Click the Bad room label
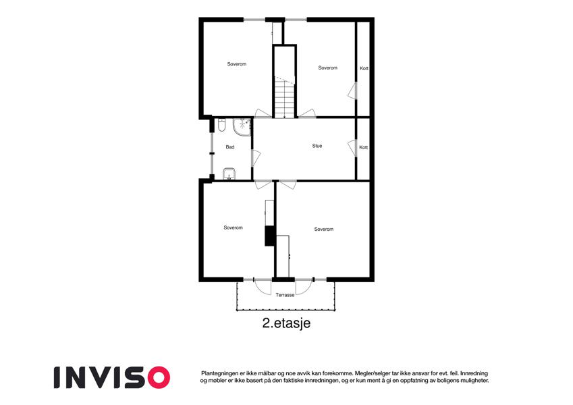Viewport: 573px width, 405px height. (x=230, y=147)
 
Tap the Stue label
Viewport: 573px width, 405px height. (x=317, y=146)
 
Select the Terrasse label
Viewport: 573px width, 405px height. (x=285, y=295)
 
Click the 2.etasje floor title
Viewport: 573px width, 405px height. (x=286, y=323)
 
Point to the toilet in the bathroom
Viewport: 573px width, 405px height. (x=221, y=125)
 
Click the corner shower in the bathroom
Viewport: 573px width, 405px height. (x=242, y=127)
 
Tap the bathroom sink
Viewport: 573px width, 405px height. (x=229, y=174)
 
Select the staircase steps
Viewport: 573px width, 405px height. (x=284, y=99)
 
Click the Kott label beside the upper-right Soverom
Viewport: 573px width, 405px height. (x=364, y=68)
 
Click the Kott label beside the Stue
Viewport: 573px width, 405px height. (x=364, y=147)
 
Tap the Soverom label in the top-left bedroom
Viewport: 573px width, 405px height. (x=237, y=64)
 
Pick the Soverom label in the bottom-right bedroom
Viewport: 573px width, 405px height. (x=324, y=230)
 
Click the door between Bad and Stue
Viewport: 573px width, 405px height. (x=255, y=158)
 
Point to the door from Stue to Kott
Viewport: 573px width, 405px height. (x=352, y=148)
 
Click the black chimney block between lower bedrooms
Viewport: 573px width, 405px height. (x=270, y=236)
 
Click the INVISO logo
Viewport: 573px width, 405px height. (x=112, y=377)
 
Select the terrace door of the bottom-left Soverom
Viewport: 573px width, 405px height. (x=263, y=287)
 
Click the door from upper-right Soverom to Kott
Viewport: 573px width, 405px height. (x=352, y=90)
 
